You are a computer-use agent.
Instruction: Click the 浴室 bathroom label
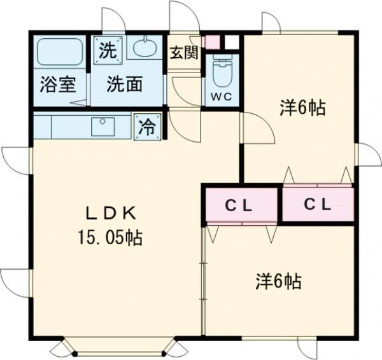59,85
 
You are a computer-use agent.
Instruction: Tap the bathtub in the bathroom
60,53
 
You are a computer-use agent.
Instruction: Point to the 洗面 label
124,85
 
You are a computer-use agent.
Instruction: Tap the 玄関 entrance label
183,53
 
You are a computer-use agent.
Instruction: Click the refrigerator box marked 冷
147,127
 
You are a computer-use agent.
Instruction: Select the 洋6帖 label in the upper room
302,108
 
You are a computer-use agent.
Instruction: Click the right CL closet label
317,205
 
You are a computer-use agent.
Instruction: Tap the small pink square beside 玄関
212,42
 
